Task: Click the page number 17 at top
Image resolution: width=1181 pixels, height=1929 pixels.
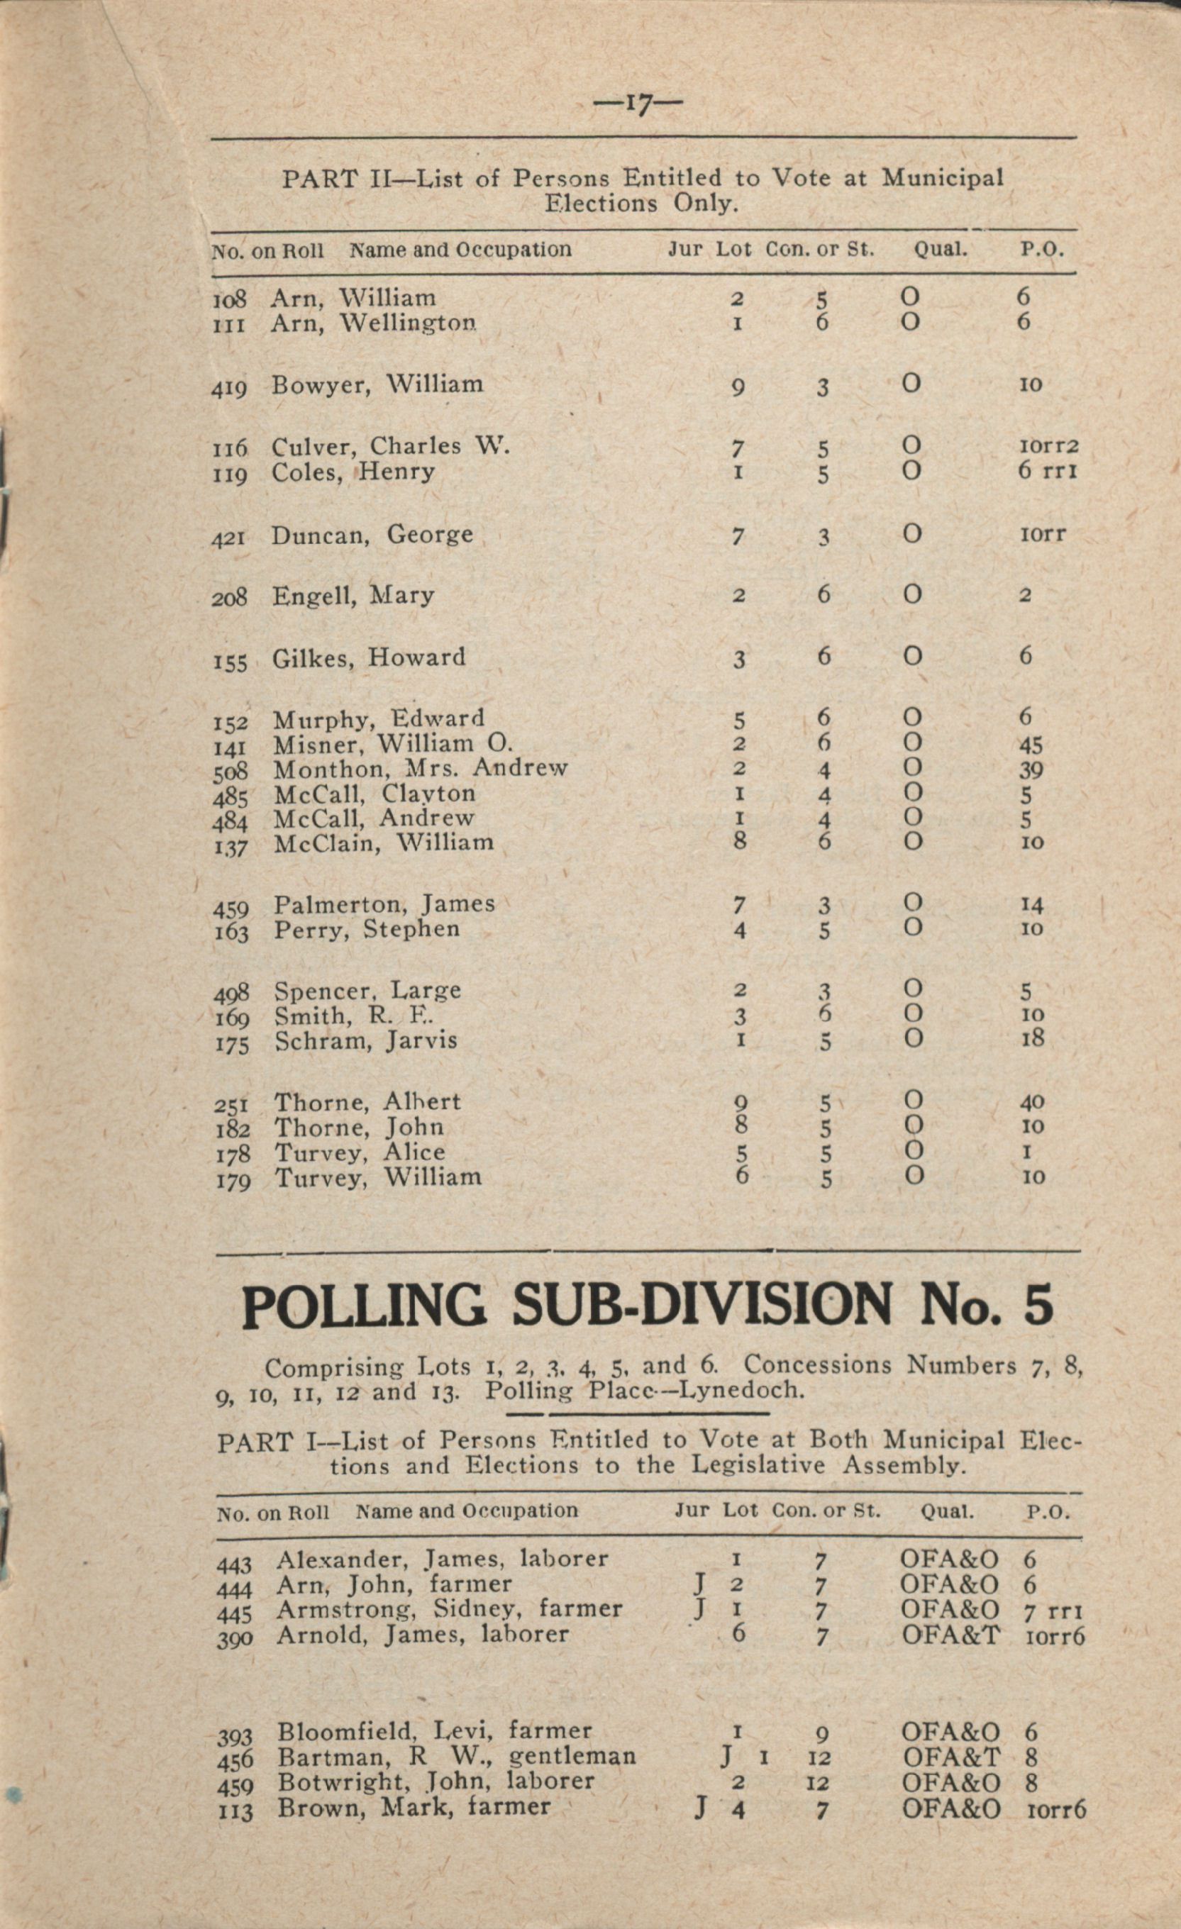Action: pos(638,104)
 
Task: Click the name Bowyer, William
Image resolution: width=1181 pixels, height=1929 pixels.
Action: pos(377,384)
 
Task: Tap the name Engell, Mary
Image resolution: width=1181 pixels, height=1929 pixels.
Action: pos(353,596)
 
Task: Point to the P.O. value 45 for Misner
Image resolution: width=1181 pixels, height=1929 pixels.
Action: pos(1031,744)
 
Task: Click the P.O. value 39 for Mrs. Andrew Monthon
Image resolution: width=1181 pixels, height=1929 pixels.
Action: pos(1031,769)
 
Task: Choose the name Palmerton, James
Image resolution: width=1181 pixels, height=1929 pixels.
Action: pos(384,904)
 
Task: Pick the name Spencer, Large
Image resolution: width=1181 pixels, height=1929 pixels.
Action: pos(367,990)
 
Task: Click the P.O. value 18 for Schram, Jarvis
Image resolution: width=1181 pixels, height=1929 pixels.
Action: pos(1033,1039)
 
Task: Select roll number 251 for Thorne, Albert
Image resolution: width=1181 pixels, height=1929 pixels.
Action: pos(232,1106)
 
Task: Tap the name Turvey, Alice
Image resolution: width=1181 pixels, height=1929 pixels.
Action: pos(360,1152)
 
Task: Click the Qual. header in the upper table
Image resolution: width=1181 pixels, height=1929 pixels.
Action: pos(941,250)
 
